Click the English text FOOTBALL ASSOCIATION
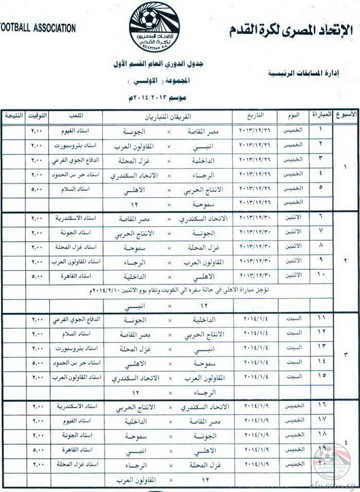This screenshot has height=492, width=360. pos(38,27)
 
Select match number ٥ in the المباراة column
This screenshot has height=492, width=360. pos(320,187)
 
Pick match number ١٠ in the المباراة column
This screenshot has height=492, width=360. pos(320,275)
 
